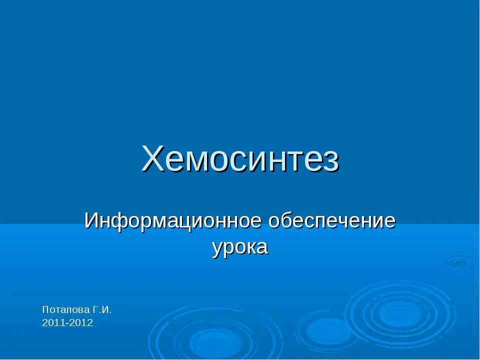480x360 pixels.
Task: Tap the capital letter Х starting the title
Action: [x=152, y=159]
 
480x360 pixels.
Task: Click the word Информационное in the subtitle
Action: [x=172, y=221]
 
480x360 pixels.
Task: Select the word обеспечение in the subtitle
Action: [x=330, y=221]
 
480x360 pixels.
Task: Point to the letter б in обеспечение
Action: [x=286, y=220]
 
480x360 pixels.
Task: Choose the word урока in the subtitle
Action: [x=240, y=247]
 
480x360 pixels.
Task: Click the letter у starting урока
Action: [x=216, y=248]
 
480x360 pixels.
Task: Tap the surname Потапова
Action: [x=65, y=309]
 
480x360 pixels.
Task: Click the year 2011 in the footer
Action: [x=53, y=323]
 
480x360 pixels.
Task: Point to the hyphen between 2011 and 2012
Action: [x=67, y=323]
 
